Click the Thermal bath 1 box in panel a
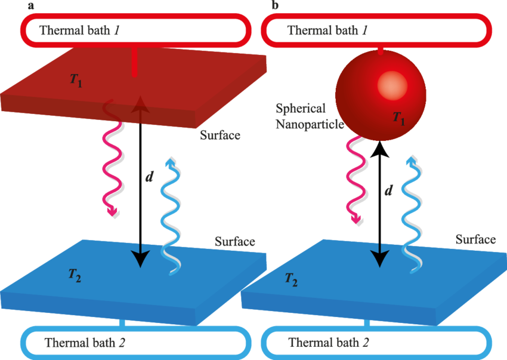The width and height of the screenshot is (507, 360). [x=134, y=30]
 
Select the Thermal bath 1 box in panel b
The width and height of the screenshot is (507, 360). [x=376, y=30]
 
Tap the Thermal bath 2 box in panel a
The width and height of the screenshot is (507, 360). [x=132, y=343]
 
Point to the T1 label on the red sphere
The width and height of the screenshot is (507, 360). [x=398, y=118]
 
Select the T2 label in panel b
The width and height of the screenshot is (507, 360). [x=291, y=278]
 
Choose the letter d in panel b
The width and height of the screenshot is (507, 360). [x=388, y=190]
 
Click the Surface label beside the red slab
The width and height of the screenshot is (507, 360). [x=221, y=135]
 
